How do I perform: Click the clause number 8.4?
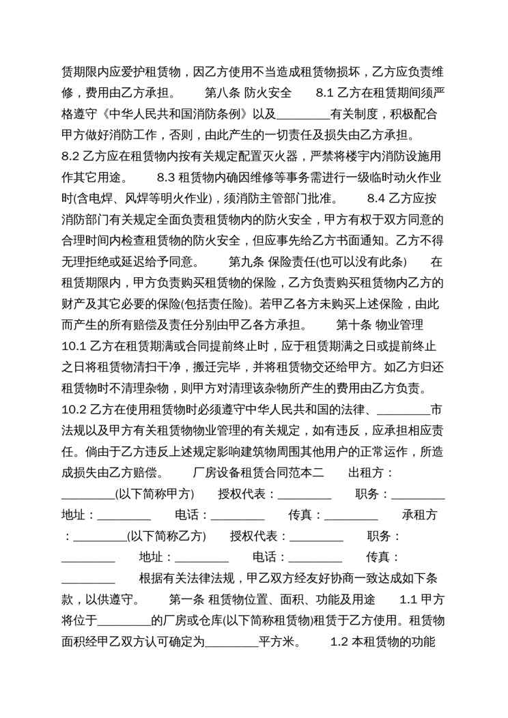pyautogui.click(x=377, y=199)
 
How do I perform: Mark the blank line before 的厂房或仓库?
pyautogui.click(x=124, y=622)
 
